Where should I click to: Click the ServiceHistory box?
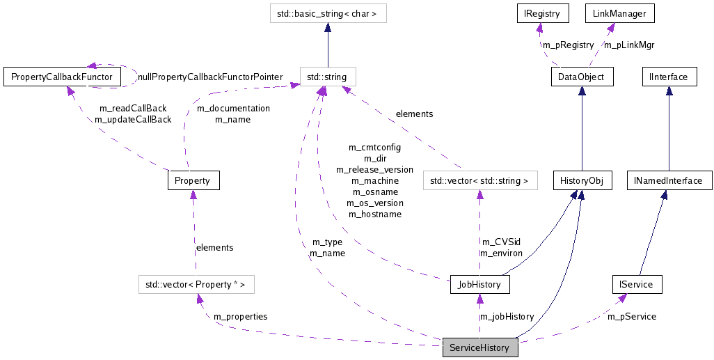(x=480, y=347)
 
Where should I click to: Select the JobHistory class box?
(x=480, y=284)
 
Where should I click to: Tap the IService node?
(x=636, y=284)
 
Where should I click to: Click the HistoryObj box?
(x=582, y=180)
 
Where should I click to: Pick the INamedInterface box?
(x=668, y=180)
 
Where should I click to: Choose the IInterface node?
(x=668, y=77)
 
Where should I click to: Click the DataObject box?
(x=582, y=77)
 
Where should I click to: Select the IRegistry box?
(x=542, y=13)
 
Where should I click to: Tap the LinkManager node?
(x=619, y=13)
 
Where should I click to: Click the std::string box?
(x=327, y=77)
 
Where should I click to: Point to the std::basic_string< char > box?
(x=328, y=13)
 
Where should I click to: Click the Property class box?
(x=193, y=180)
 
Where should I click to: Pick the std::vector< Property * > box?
(x=196, y=284)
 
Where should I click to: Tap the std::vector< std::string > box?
(x=480, y=180)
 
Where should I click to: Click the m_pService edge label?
(x=632, y=317)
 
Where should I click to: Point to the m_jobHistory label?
(x=507, y=317)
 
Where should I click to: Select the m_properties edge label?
(x=240, y=316)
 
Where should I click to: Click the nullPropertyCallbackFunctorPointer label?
(x=211, y=77)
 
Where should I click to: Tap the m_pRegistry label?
(x=569, y=45)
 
